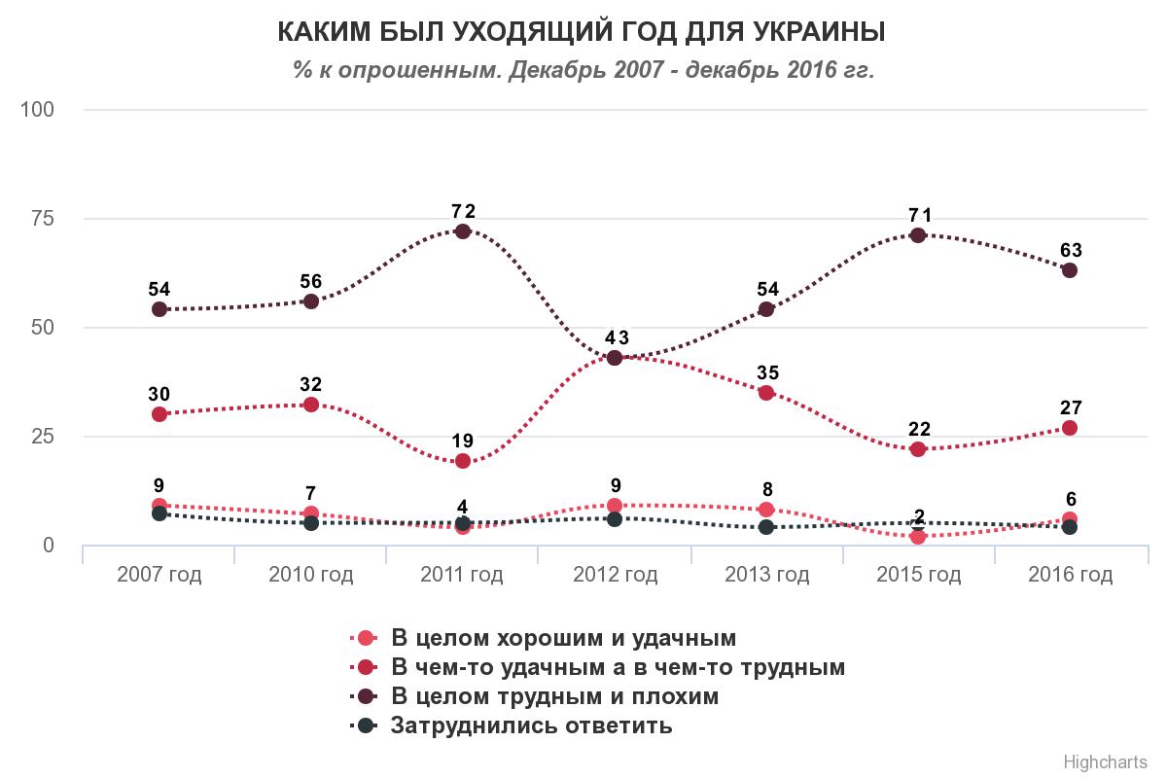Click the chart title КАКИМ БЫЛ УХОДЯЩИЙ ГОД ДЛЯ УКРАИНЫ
coord(582,33)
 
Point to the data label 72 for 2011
coord(463,211)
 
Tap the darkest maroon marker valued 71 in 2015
coord(918,234)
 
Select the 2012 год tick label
coord(615,575)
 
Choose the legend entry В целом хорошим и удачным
coord(563,638)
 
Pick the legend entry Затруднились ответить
coord(531,725)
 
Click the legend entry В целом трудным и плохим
coord(554,696)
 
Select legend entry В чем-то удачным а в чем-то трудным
coord(618,667)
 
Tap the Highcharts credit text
coord(1106,760)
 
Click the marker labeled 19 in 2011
coord(463,461)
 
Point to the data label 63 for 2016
coord(1071,250)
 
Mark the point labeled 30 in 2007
coord(159,414)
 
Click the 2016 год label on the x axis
coord(1070,575)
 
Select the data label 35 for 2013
coord(766,372)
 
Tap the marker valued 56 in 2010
coord(311,301)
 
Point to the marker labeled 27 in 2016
coord(1070,428)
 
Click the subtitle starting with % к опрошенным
coord(583,70)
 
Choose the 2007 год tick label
coord(159,575)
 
